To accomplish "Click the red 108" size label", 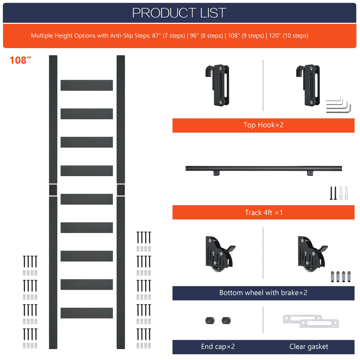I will [x=20, y=60].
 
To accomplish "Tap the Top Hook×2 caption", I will [x=263, y=125].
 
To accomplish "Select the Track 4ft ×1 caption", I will [x=263, y=213].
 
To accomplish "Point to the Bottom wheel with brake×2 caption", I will [x=263, y=293].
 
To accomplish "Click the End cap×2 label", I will [x=218, y=347].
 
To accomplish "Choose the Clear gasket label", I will [x=309, y=347].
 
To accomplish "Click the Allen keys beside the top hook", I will [x=339, y=105].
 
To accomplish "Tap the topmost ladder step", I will [x=87, y=85].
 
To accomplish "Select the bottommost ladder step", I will [x=87, y=313].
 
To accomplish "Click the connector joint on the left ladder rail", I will [x=53, y=190].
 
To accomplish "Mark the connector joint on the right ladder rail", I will [x=121, y=190].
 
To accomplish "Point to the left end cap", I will [x=210, y=321].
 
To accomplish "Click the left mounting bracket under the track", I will [x=216, y=173].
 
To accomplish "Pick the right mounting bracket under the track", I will [x=310, y=173].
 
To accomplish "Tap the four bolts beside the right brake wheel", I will [x=341, y=276].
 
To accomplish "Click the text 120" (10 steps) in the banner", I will [x=289, y=36].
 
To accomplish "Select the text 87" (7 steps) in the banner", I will [x=169, y=36].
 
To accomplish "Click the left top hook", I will [x=218, y=85].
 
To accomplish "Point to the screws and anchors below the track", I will [x=339, y=193].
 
